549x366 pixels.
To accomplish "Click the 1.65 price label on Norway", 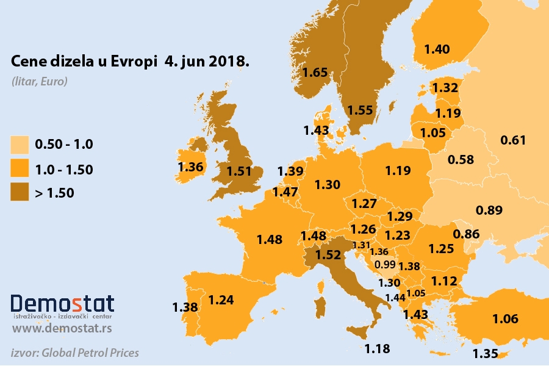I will click(x=315, y=72).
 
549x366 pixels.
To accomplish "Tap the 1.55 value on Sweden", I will click(x=360, y=110).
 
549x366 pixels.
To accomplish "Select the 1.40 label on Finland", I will click(x=437, y=49).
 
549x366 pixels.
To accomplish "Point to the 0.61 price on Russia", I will click(x=512, y=141).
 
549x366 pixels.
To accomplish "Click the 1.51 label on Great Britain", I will click(x=239, y=171).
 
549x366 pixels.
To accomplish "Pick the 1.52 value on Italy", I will click(x=329, y=255).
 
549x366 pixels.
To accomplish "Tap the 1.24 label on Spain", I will click(x=221, y=300).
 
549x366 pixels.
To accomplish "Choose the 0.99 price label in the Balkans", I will click(x=386, y=264).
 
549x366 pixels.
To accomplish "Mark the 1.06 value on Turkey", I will click(x=505, y=318).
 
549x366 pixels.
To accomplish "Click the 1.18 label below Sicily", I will click(x=377, y=349).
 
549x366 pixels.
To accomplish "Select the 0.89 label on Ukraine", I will click(x=489, y=210).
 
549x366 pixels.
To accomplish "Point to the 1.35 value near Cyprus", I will click(x=486, y=354).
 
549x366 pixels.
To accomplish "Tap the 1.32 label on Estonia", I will click(x=445, y=88).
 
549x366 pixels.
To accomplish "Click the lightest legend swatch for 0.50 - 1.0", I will click(x=20, y=145).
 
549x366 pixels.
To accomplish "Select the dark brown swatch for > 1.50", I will click(x=20, y=193).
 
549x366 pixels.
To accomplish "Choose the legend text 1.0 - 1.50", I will click(x=64, y=170).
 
